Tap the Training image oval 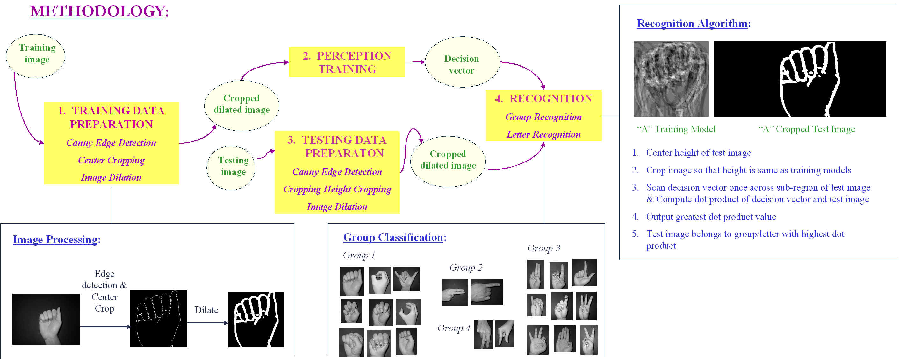pos(36,56)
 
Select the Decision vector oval pos(462,62)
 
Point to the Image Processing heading pos(56,240)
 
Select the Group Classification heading pos(393,237)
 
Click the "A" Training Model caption pos(676,129)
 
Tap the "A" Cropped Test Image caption pos(806,129)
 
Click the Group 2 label pos(465,268)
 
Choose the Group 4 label pos(453,328)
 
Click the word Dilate pos(206,310)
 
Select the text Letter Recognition pos(543,134)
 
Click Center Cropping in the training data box pos(111,160)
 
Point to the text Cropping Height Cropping pos(337,189)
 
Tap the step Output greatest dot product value pos(711,217)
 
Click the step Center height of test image pos(698,153)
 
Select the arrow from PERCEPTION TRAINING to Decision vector pos(414,62)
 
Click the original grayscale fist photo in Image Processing pos(46,319)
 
